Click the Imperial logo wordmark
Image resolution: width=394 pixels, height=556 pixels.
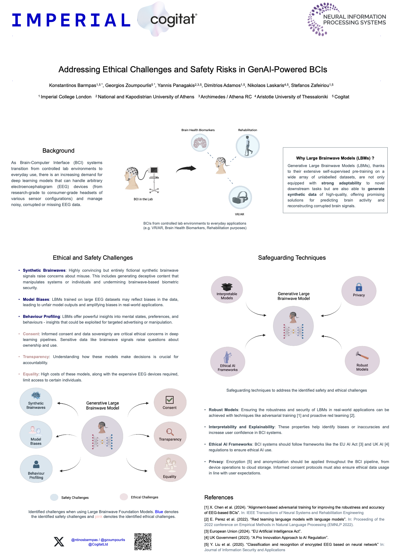(x=71, y=20)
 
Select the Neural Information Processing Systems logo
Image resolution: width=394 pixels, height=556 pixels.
(x=347, y=19)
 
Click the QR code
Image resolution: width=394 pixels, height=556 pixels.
(x=143, y=542)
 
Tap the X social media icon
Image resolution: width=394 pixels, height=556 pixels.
(x=59, y=542)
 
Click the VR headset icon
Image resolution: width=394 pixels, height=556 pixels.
(x=240, y=197)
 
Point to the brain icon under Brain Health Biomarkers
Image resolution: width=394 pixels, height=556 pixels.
(x=200, y=142)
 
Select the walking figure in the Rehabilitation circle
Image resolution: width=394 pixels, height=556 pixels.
(x=248, y=146)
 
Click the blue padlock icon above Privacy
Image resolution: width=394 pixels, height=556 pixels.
(x=359, y=287)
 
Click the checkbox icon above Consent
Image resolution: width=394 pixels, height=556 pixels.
(x=170, y=400)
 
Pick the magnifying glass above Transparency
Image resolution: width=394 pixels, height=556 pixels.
(x=170, y=432)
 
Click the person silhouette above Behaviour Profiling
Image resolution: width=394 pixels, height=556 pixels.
(x=36, y=465)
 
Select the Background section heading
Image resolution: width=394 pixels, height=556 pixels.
(x=59, y=151)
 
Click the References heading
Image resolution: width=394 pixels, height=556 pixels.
(x=219, y=497)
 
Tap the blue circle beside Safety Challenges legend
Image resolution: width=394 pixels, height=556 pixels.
(x=54, y=497)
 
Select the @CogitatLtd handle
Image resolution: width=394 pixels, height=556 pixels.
(x=98, y=544)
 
